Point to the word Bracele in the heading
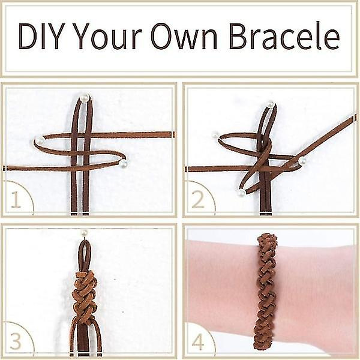tap(284, 36)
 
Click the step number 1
tap(16, 199)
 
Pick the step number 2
tap(197, 200)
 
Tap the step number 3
tap(16, 341)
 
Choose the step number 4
tap(198, 343)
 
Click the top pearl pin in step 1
tap(85, 97)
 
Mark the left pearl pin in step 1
tap(39, 139)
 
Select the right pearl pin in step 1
tap(124, 163)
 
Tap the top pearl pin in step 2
tap(271, 104)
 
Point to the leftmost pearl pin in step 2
tap(215, 135)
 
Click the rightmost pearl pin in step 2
tap(302, 160)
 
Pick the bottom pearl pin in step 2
tap(241, 193)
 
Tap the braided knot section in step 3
tap(85, 297)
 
